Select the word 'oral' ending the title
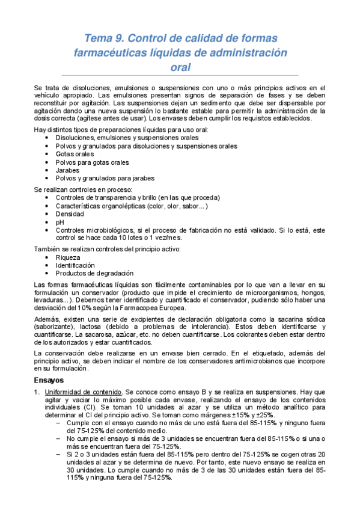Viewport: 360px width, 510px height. [180, 67]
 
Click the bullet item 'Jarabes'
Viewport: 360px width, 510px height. [67, 170]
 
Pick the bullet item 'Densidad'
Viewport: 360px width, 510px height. [70, 214]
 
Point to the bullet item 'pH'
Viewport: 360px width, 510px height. [59, 222]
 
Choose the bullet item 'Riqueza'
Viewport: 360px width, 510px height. [69, 257]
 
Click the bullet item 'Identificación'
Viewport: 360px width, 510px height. [75, 265]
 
